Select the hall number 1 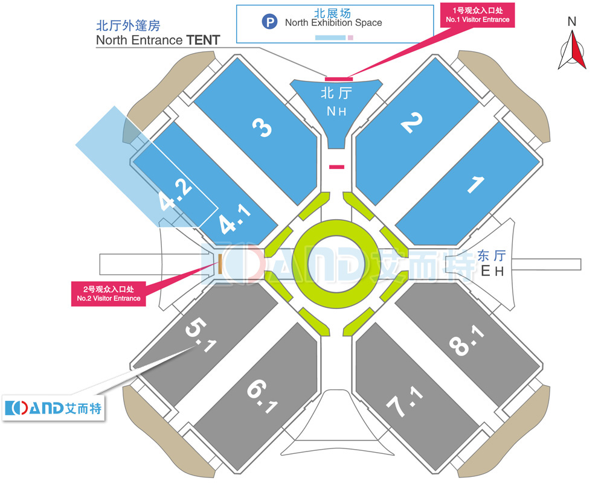[476, 184]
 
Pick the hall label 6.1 [261, 395]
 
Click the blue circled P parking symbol [269, 23]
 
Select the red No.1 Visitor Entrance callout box [477, 15]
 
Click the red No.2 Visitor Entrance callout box [109, 294]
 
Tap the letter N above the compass [572, 22]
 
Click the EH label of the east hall [492, 272]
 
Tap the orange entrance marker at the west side [220, 263]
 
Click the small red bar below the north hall [336, 167]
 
